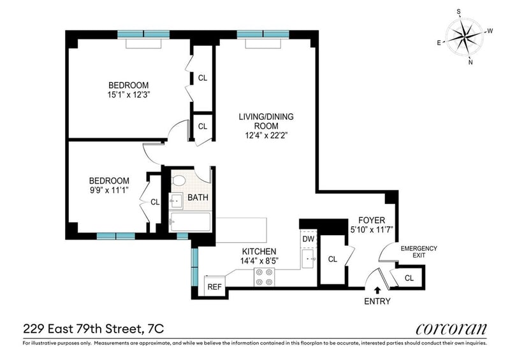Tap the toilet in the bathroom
[178, 180]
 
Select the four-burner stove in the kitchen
[264, 277]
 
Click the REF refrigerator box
[214, 287]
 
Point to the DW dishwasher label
[309, 239]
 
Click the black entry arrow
[377, 291]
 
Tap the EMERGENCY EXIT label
[419, 252]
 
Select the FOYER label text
[372, 220]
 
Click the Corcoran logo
[451, 329]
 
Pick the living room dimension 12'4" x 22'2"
[266, 135]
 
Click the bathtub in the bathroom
[189, 222]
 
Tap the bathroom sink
[176, 201]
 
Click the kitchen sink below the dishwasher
[308, 259]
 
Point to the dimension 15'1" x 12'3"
[129, 95]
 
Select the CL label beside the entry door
[409, 278]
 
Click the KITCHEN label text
[259, 252]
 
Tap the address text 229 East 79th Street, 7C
[93, 329]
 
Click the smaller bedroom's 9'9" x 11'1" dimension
[110, 191]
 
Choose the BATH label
[198, 198]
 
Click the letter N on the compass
[470, 62]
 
